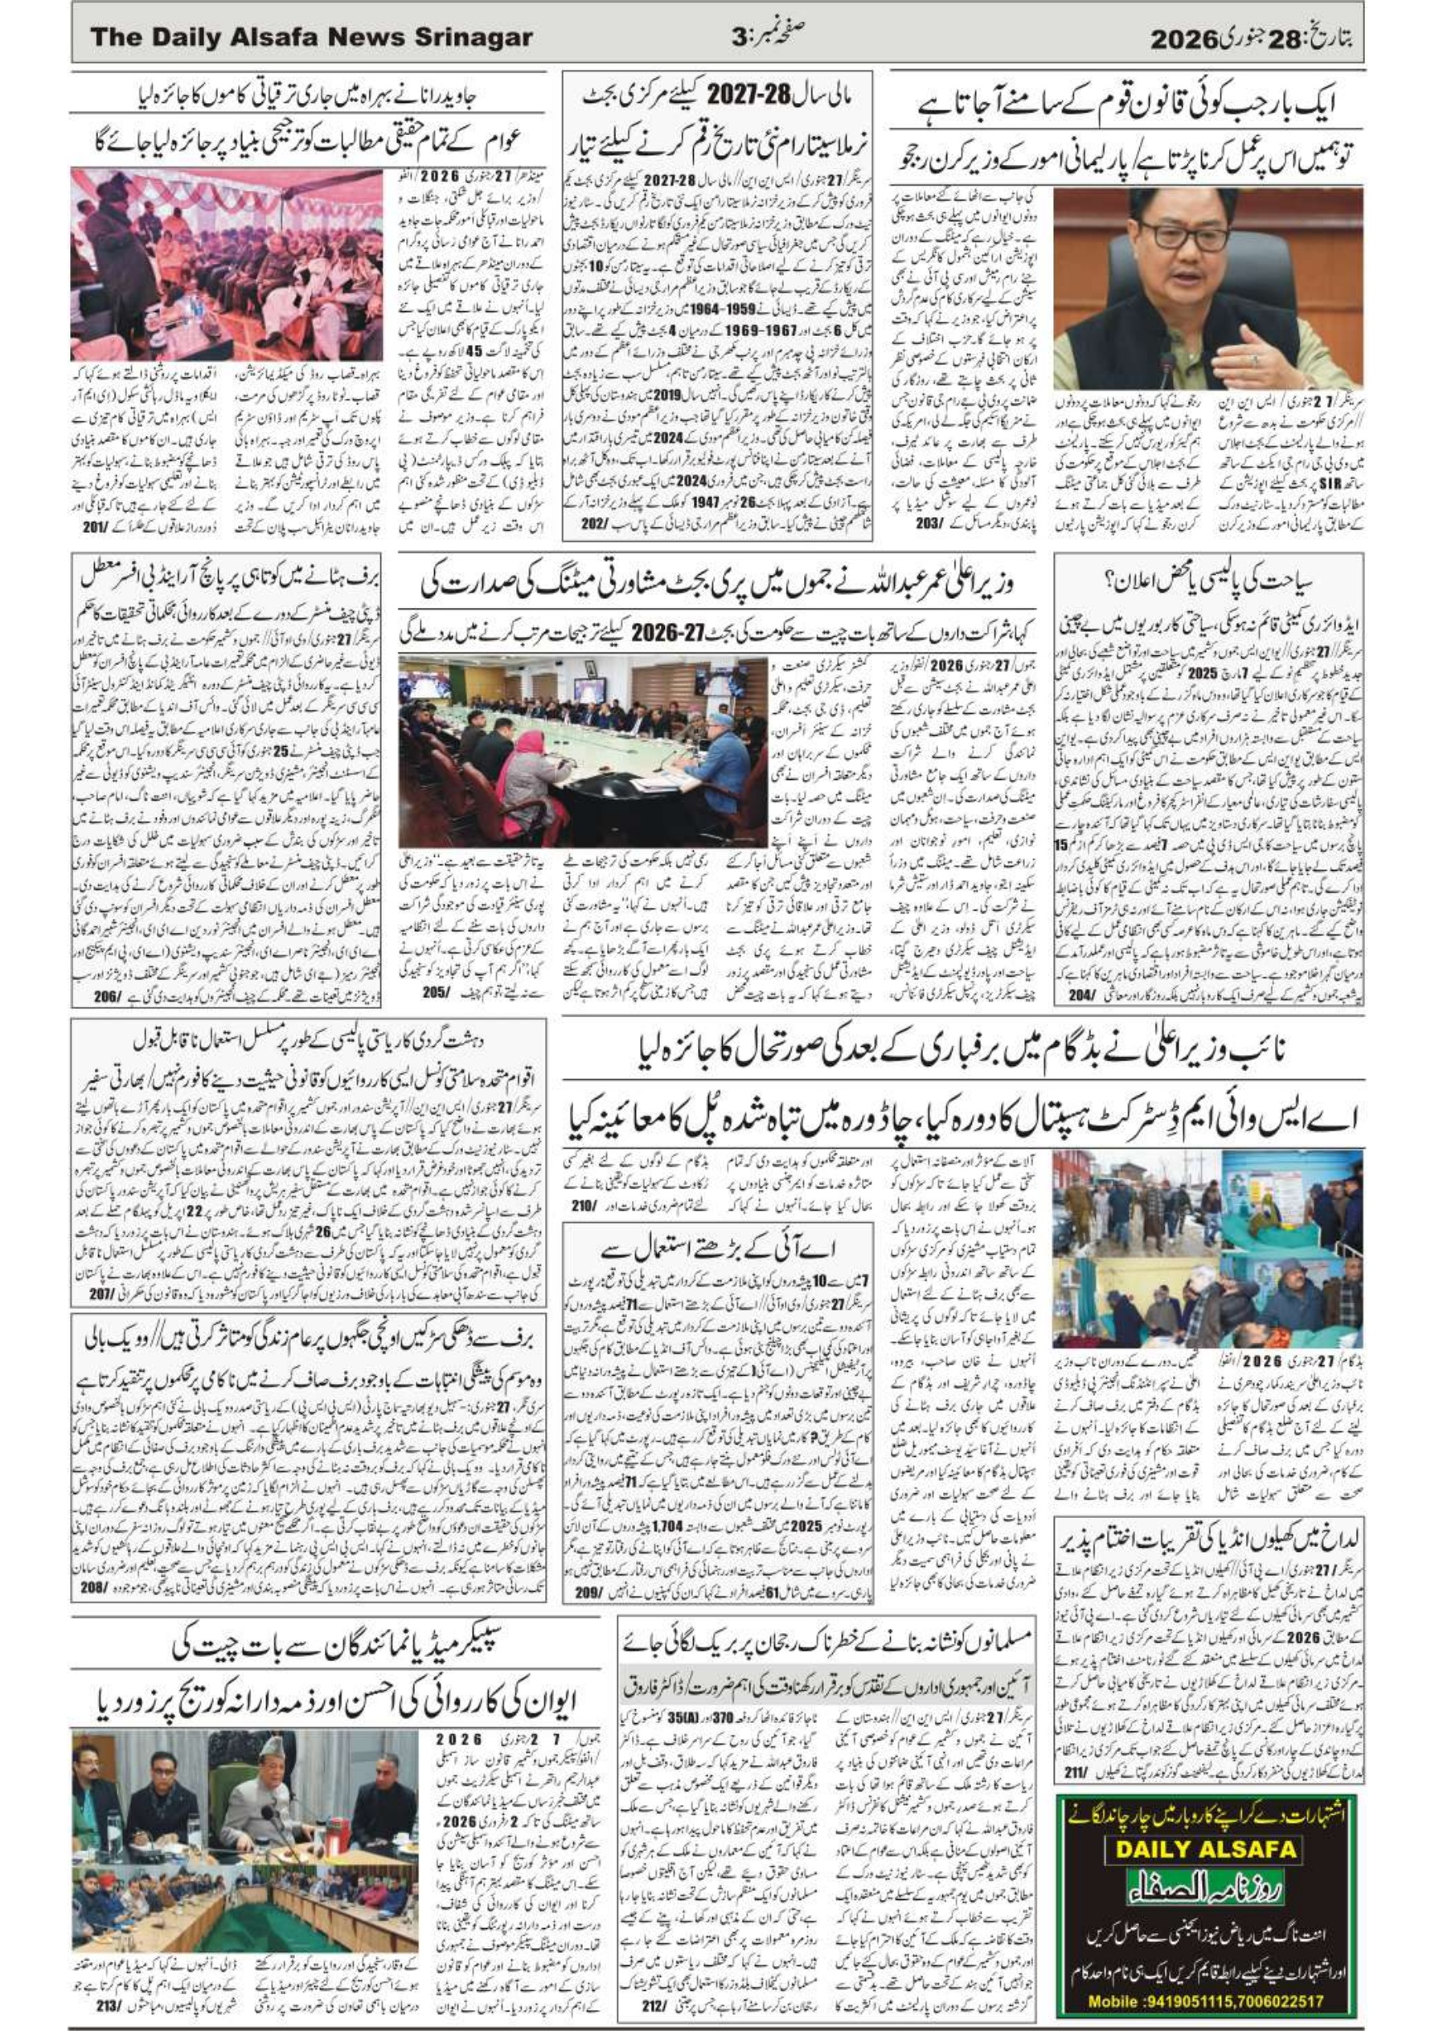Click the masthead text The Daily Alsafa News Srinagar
tap(310, 37)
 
